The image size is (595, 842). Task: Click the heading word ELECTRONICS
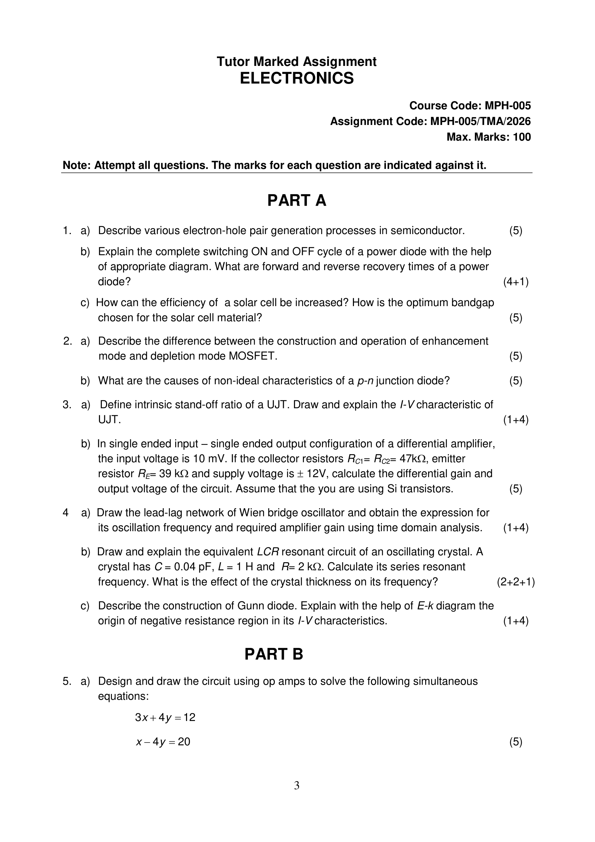(297, 79)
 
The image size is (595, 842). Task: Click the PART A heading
(297, 201)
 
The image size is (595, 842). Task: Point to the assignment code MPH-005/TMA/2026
(480, 121)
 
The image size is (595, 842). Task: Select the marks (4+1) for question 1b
(516, 282)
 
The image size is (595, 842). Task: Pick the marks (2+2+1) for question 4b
(516, 582)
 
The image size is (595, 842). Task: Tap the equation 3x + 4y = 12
(165, 717)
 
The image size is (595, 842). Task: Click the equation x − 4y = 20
(163, 742)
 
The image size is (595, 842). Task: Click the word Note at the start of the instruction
(76, 165)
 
